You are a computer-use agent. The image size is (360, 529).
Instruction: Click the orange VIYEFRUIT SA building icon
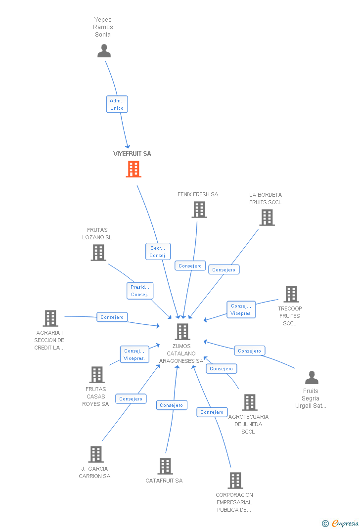(x=133, y=169)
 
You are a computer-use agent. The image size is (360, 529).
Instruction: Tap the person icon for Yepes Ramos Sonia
(x=104, y=51)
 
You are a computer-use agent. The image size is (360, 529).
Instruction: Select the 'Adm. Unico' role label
(x=117, y=104)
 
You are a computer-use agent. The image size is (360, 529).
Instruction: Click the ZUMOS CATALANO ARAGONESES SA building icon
(x=182, y=332)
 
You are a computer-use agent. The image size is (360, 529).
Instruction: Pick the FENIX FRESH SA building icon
(x=199, y=210)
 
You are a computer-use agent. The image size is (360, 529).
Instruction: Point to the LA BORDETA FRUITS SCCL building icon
(x=267, y=218)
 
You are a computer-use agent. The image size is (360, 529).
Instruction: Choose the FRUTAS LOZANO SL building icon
(x=98, y=253)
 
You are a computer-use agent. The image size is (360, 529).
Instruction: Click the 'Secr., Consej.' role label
(x=158, y=252)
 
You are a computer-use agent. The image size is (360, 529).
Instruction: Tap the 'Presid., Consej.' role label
(x=139, y=291)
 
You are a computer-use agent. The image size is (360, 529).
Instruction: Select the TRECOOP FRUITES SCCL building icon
(x=291, y=294)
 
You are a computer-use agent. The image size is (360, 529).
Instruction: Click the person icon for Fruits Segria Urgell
(x=312, y=378)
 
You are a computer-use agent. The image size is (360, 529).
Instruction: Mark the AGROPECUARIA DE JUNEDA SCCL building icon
(x=250, y=402)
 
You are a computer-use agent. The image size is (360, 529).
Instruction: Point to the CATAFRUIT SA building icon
(x=165, y=466)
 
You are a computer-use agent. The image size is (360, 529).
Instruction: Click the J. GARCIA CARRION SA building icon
(x=95, y=454)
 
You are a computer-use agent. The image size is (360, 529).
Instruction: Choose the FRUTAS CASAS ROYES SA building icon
(x=97, y=375)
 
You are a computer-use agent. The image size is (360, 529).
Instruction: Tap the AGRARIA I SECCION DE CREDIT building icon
(x=50, y=318)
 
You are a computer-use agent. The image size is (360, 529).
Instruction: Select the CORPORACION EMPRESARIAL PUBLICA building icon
(x=235, y=481)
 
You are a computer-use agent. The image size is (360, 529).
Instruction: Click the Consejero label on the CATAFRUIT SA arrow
(x=172, y=405)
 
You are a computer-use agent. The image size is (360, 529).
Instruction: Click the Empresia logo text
(x=345, y=523)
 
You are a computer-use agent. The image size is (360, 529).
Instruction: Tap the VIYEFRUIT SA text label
(x=132, y=154)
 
